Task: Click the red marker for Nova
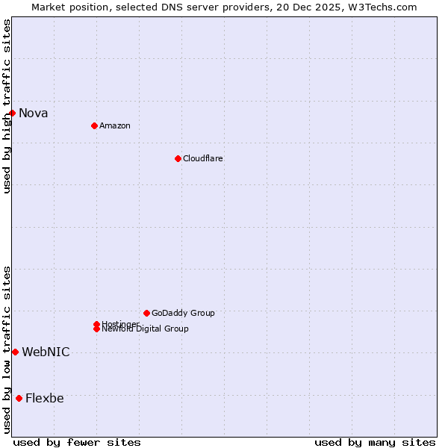click(x=13, y=113)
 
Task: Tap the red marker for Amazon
click(x=94, y=125)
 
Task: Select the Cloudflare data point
click(x=178, y=158)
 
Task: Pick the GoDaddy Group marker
click(x=146, y=313)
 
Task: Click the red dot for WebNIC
click(x=15, y=352)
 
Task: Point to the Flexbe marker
click(x=19, y=398)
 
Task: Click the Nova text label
click(x=34, y=113)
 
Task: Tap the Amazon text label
click(x=115, y=125)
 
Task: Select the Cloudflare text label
click(x=203, y=158)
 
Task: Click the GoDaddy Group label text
click(x=183, y=313)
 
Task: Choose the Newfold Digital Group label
click(x=146, y=329)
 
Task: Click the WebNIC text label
click(x=46, y=352)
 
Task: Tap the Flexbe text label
click(x=45, y=399)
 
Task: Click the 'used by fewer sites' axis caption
click(x=77, y=442)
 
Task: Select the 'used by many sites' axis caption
click(x=375, y=442)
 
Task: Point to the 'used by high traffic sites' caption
click(x=7, y=106)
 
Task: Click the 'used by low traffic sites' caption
click(x=7, y=349)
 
